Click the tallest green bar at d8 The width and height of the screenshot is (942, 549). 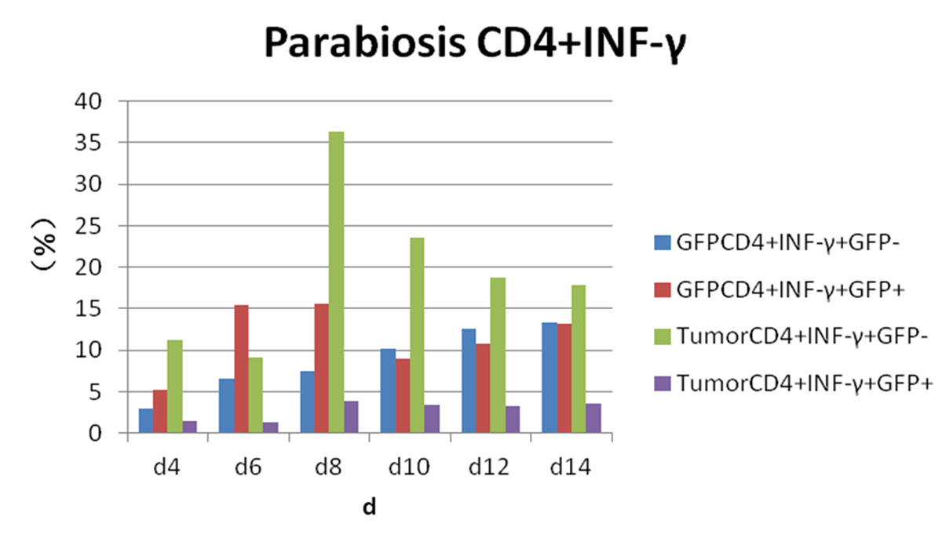pyautogui.click(x=336, y=282)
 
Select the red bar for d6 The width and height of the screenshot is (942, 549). pyautogui.click(x=241, y=369)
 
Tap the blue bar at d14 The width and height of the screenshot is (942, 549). pyautogui.click(x=549, y=377)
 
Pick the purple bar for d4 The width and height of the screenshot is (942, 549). pyautogui.click(x=189, y=427)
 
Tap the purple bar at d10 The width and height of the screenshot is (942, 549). pyautogui.click(x=431, y=419)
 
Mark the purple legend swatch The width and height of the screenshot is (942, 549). pyautogui.click(x=661, y=383)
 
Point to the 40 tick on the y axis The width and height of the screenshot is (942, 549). pyautogui.click(x=93, y=101)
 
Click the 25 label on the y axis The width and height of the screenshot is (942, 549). pyautogui.click(x=93, y=226)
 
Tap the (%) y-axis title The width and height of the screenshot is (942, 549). pyautogui.click(x=47, y=252)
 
